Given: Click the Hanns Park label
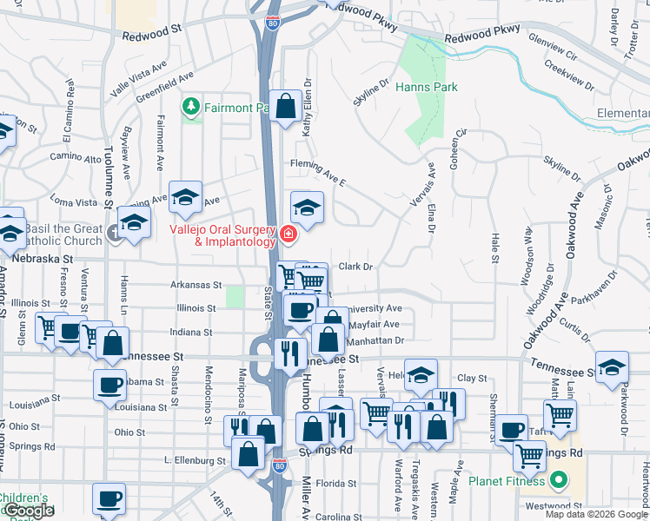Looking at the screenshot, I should tap(425, 88).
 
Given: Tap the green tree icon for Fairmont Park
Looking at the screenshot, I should tap(190, 107).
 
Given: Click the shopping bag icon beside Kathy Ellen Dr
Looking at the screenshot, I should tap(285, 107).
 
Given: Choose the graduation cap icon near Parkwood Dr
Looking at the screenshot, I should tap(612, 367).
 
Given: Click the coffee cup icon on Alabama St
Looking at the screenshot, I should tap(110, 384).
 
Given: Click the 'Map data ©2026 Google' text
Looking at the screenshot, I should tap(596, 514).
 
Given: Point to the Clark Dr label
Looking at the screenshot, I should tap(355, 267).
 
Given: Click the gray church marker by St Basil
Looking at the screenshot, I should tap(115, 233).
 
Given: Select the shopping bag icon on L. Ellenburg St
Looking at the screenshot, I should tap(249, 452).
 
